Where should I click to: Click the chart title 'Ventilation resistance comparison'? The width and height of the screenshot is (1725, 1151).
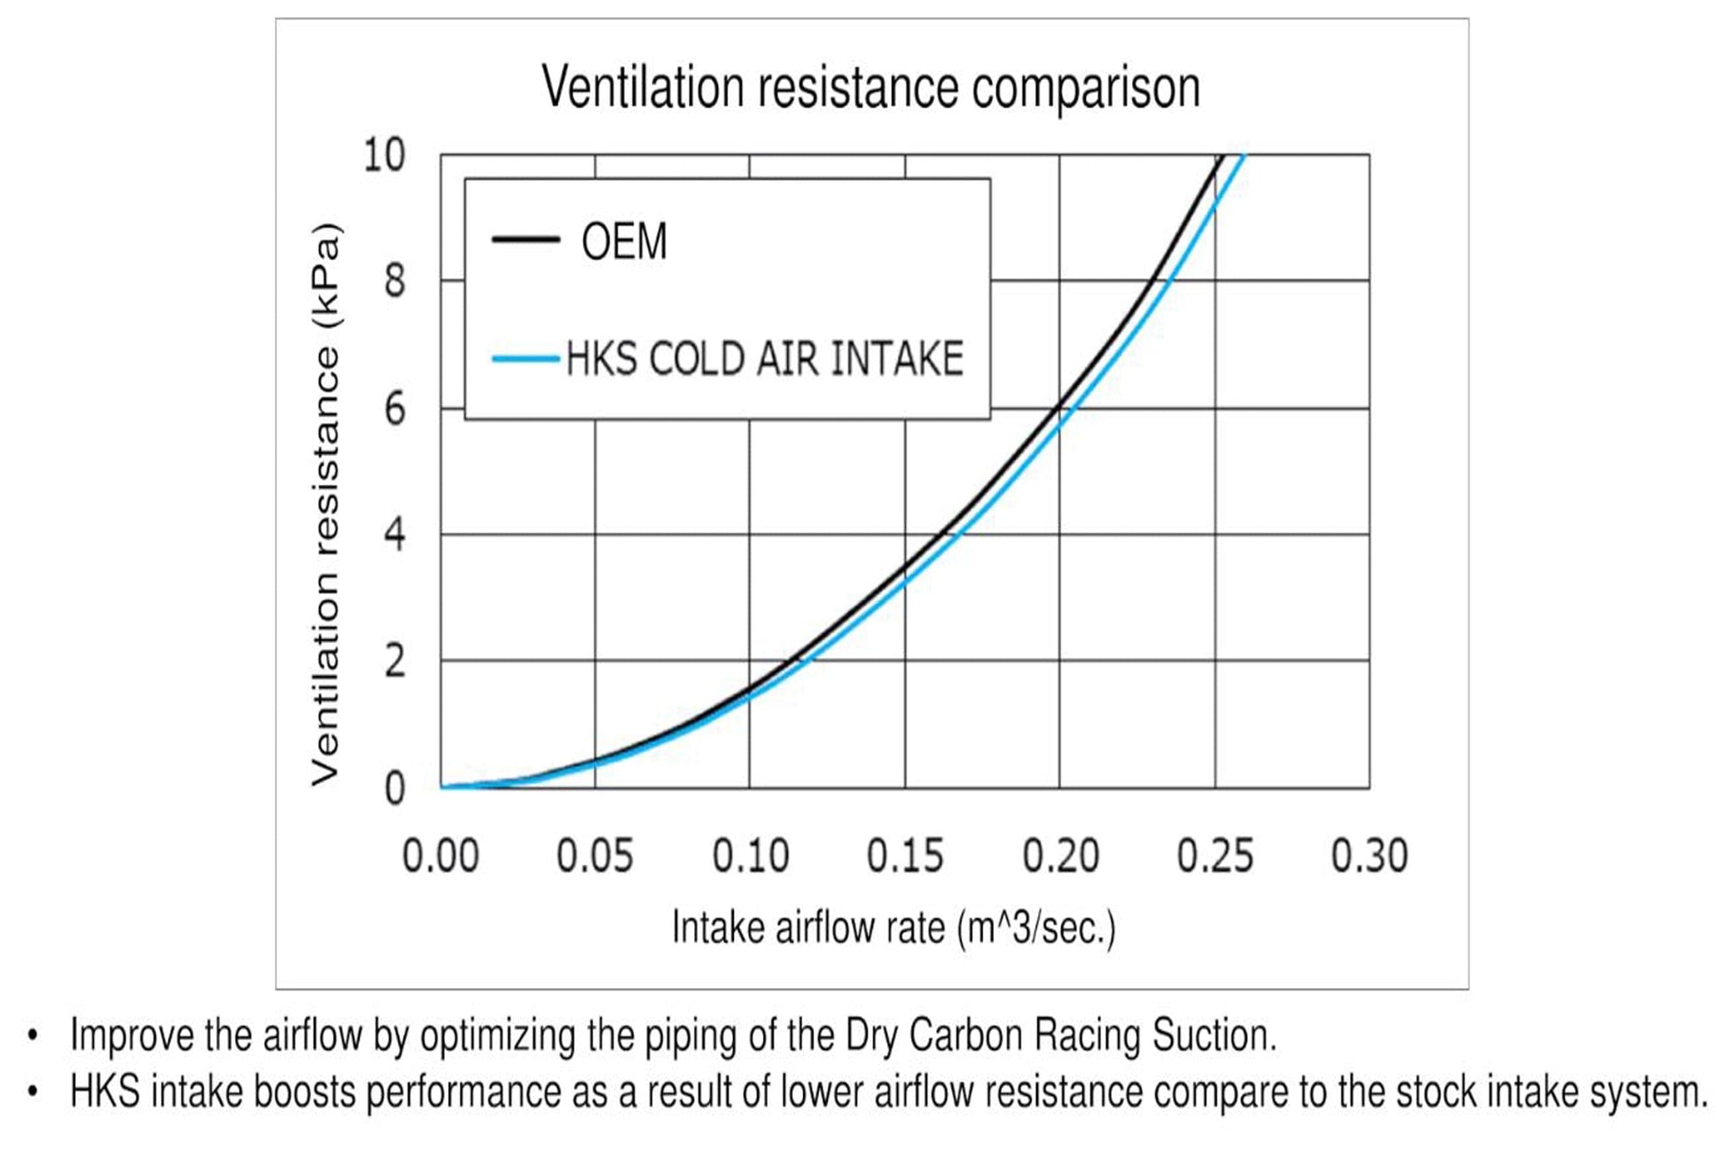coord(870,88)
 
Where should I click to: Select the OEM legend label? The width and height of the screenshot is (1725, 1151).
coord(624,241)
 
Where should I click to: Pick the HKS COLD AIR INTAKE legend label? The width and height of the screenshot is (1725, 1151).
coord(764,359)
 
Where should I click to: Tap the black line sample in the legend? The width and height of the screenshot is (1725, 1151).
coord(526,239)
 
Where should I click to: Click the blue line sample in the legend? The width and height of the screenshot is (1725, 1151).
coord(526,359)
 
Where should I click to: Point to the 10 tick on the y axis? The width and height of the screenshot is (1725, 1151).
coord(384,156)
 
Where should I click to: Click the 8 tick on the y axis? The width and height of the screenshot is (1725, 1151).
coord(394,282)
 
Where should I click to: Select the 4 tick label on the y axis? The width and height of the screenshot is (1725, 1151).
coord(394,536)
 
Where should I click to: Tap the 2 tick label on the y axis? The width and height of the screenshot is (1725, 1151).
coord(394,662)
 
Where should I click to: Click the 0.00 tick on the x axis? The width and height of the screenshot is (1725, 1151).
coord(441,857)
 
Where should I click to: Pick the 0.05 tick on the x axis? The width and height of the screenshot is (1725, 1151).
coord(595,857)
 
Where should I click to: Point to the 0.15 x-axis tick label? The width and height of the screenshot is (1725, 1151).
coord(905,857)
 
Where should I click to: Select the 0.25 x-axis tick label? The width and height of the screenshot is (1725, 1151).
coord(1215,857)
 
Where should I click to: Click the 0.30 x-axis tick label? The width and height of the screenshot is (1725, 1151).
coord(1370,857)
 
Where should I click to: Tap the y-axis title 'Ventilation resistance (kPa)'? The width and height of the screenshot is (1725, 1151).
coord(324,504)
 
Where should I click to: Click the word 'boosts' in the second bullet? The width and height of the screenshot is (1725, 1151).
coord(306,1092)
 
